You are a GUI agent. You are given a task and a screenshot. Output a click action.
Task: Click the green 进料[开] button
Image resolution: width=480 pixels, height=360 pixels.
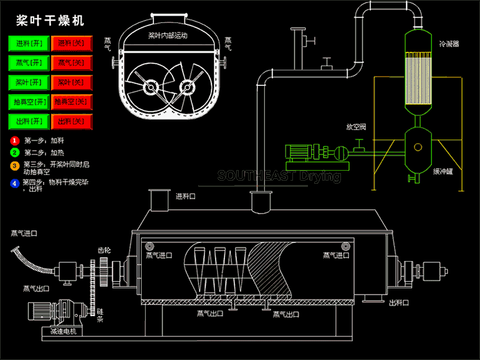[28, 44]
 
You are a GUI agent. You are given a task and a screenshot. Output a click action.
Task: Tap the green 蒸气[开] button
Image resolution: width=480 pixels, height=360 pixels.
[28, 63]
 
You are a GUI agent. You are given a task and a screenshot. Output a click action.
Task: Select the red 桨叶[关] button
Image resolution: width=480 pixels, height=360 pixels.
[71, 82]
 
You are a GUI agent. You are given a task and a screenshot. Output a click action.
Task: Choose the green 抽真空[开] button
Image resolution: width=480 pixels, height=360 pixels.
[28, 102]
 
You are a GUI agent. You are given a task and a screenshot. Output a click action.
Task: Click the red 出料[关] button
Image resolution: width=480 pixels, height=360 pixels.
[71, 121]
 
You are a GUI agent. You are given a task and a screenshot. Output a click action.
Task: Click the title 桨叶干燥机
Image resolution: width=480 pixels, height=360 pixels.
[50, 21]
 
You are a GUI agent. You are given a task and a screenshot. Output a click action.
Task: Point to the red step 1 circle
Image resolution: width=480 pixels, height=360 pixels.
[14, 141]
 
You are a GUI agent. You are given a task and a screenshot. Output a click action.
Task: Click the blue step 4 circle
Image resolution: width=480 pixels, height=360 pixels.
[14, 183]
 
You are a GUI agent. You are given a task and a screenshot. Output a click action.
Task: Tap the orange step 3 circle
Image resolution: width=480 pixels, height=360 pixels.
[14, 165]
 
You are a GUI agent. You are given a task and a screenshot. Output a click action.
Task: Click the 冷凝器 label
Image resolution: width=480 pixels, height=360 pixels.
[448, 44]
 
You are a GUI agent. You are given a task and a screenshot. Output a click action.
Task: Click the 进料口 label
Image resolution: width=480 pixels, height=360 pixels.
[185, 196]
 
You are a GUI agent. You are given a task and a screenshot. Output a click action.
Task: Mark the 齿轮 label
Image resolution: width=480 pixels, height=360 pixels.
[104, 250]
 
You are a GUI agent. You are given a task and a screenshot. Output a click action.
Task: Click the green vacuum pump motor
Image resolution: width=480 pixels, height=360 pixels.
[298, 151]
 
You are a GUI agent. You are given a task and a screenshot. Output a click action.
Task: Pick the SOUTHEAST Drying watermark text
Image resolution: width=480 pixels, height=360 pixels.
[279, 176]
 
